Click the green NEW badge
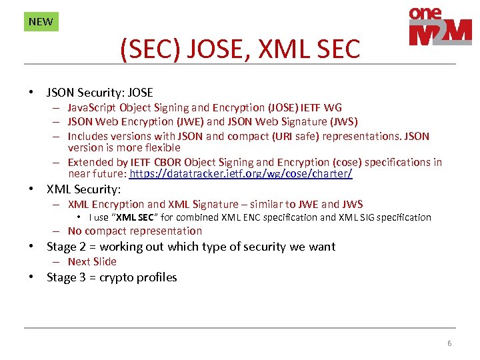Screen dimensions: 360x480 point(41,21)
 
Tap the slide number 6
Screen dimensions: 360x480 point(449,343)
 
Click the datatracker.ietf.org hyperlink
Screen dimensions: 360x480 point(241,173)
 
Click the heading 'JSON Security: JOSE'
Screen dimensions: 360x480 point(99,93)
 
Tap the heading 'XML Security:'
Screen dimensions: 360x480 point(83,189)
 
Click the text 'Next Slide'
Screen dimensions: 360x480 point(92,261)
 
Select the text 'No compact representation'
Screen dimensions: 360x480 point(135,231)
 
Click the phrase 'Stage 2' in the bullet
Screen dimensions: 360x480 point(67,247)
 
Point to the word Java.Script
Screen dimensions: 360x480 point(91,107)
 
